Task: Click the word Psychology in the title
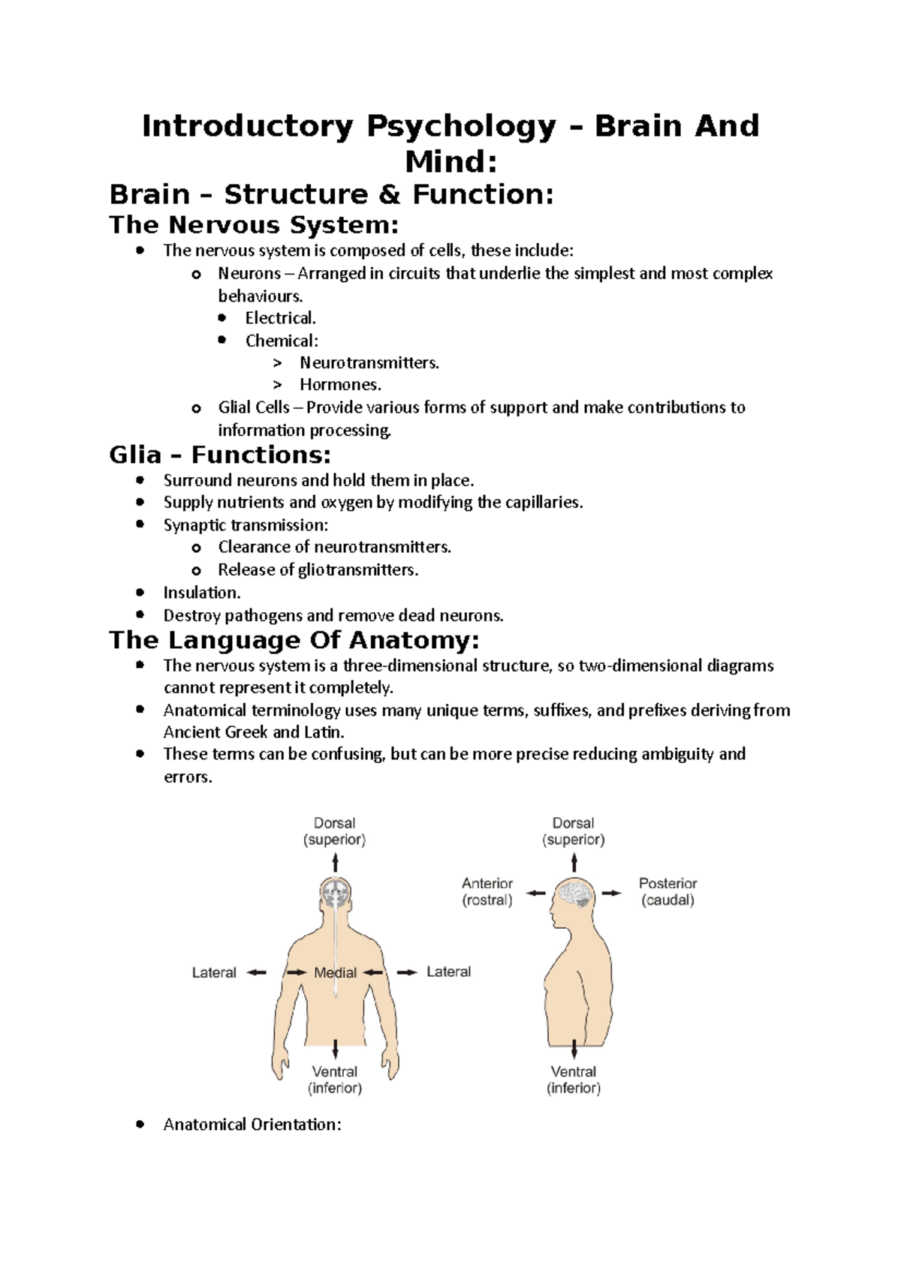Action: click(461, 127)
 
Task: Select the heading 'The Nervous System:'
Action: click(254, 224)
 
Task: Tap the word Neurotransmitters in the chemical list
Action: click(369, 363)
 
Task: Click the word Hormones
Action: click(340, 385)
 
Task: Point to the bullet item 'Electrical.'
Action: click(280, 318)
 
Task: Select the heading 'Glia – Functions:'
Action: click(219, 455)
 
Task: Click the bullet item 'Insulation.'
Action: click(201, 593)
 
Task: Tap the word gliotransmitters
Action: click(357, 570)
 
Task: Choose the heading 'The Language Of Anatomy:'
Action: click(294, 640)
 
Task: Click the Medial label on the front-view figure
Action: click(335, 972)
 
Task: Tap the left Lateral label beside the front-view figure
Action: click(214, 972)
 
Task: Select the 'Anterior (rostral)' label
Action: click(487, 891)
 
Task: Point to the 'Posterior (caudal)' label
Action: click(667, 891)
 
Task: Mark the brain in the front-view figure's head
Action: click(335, 893)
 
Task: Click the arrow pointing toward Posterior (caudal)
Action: click(612, 893)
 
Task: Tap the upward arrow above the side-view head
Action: click(574, 863)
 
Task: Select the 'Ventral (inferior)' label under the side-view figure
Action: click(574, 1080)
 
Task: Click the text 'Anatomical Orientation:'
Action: click(252, 1125)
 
